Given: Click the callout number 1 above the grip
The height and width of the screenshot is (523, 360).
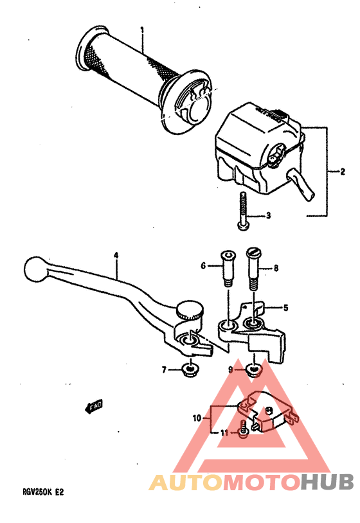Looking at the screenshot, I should point(142,30).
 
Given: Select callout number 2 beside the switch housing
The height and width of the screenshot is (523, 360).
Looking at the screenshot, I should point(335,172).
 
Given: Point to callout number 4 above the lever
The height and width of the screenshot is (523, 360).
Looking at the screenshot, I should point(116,255).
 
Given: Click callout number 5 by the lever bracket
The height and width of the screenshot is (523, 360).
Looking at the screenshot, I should point(285,308).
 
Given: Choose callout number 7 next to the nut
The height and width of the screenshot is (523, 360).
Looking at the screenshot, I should point(165,369).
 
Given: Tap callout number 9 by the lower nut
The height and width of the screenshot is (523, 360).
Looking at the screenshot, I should point(230,369).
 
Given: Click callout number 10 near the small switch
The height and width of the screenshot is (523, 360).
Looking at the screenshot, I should point(197,418).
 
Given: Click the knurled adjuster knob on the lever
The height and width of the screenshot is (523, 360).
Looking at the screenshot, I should point(188,311).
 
